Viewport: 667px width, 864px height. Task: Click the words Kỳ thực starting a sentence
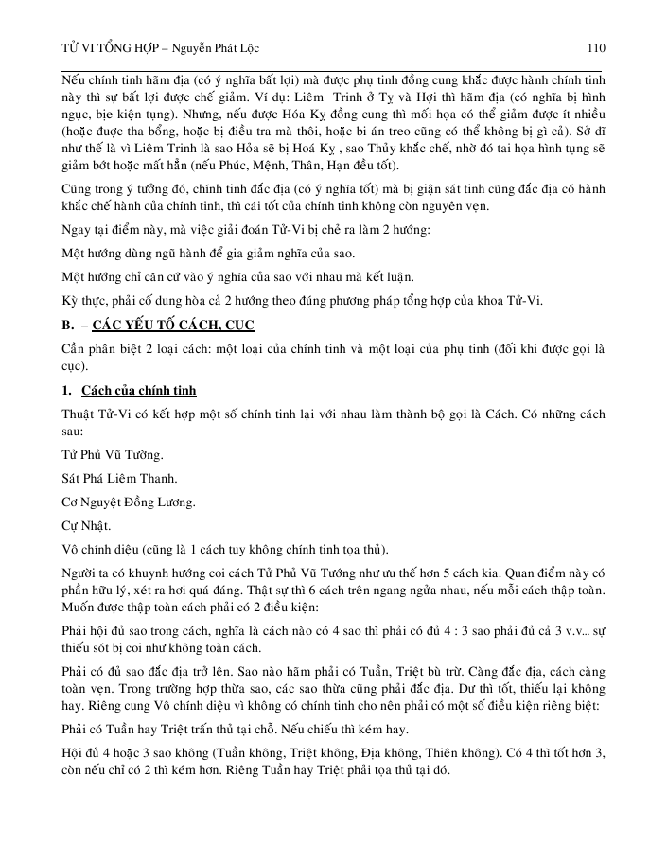[82, 300]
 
